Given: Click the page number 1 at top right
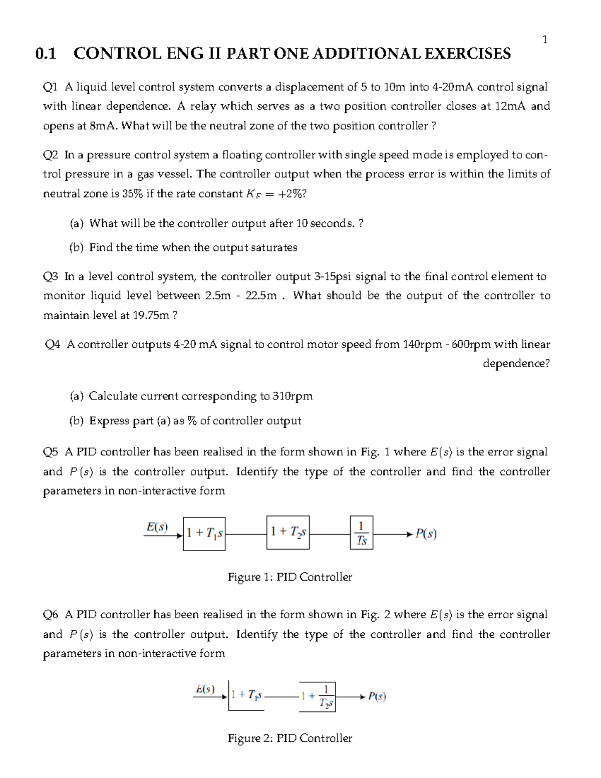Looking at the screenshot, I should click(x=545, y=40).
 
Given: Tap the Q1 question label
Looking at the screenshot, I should click(x=51, y=87).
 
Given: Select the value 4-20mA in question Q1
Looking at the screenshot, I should click(x=453, y=87).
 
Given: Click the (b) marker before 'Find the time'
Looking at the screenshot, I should click(x=76, y=247).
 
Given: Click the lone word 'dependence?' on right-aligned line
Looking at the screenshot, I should click(x=516, y=364).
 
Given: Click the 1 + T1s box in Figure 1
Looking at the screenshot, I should click(x=204, y=534).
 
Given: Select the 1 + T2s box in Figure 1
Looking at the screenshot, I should click(x=288, y=533).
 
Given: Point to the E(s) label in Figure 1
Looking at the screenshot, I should click(x=157, y=527).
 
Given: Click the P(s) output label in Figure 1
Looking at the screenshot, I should click(x=426, y=534).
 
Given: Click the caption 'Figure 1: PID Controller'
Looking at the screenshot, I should click(x=290, y=577).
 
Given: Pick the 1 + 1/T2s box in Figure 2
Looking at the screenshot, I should click(x=318, y=696).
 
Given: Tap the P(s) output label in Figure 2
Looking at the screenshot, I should click(x=377, y=696).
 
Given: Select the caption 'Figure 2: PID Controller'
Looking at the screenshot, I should click(x=290, y=738).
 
